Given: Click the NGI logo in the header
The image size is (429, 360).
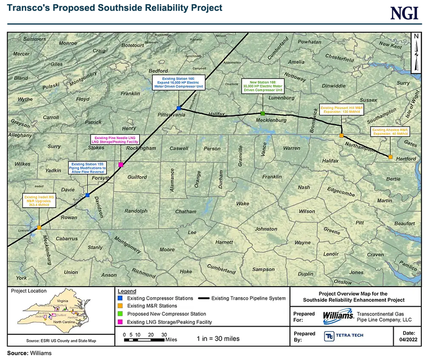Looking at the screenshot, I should tap(404, 13).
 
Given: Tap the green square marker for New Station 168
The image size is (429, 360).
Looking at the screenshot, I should tap(263, 113).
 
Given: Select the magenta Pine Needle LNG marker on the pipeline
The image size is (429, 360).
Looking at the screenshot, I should tap(121, 165).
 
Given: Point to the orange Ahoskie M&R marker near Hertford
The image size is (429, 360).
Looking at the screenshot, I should tap(390, 157).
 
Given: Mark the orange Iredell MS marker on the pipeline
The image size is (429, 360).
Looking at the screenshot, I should tap(39, 227).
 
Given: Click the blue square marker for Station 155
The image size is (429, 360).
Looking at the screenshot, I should tap(88, 195).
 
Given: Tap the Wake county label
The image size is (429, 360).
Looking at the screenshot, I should tap(243, 203).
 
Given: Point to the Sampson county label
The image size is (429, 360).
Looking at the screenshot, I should tap(264, 269).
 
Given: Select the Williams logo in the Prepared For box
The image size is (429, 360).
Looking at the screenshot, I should tap(338, 316).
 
